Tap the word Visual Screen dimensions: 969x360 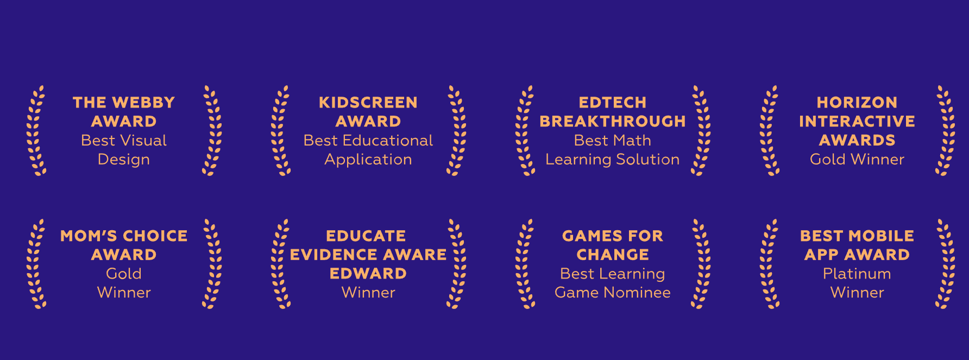(x=143, y=140)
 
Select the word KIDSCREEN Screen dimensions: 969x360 (x=368, y=103)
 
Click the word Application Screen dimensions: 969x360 (x=368, y=160)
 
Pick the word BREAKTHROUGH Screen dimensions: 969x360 (x=613, y=121)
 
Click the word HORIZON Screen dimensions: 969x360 (x=857, y=103)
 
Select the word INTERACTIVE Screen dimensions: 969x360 (x=857, y=121)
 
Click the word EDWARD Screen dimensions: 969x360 (x=368, y=273)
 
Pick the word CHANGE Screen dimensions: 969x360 (x=613, y=255)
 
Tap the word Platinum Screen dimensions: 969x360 (x=857, y=274)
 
